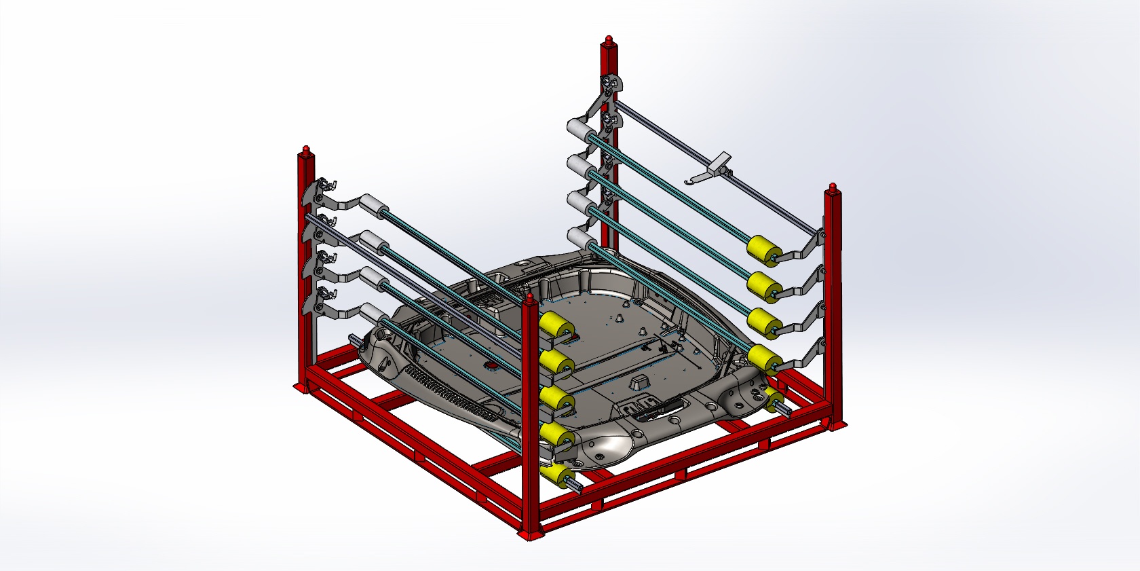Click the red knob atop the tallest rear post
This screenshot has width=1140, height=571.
point(609,39)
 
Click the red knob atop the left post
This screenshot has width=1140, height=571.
point(306,149)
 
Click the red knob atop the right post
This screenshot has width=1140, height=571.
point(832,187)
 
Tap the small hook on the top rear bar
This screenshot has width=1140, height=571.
point(689,181)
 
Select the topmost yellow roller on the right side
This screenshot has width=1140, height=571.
point(763,248)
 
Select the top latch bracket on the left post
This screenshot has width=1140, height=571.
point(326,185)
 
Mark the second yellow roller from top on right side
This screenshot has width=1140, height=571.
point(763,283)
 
